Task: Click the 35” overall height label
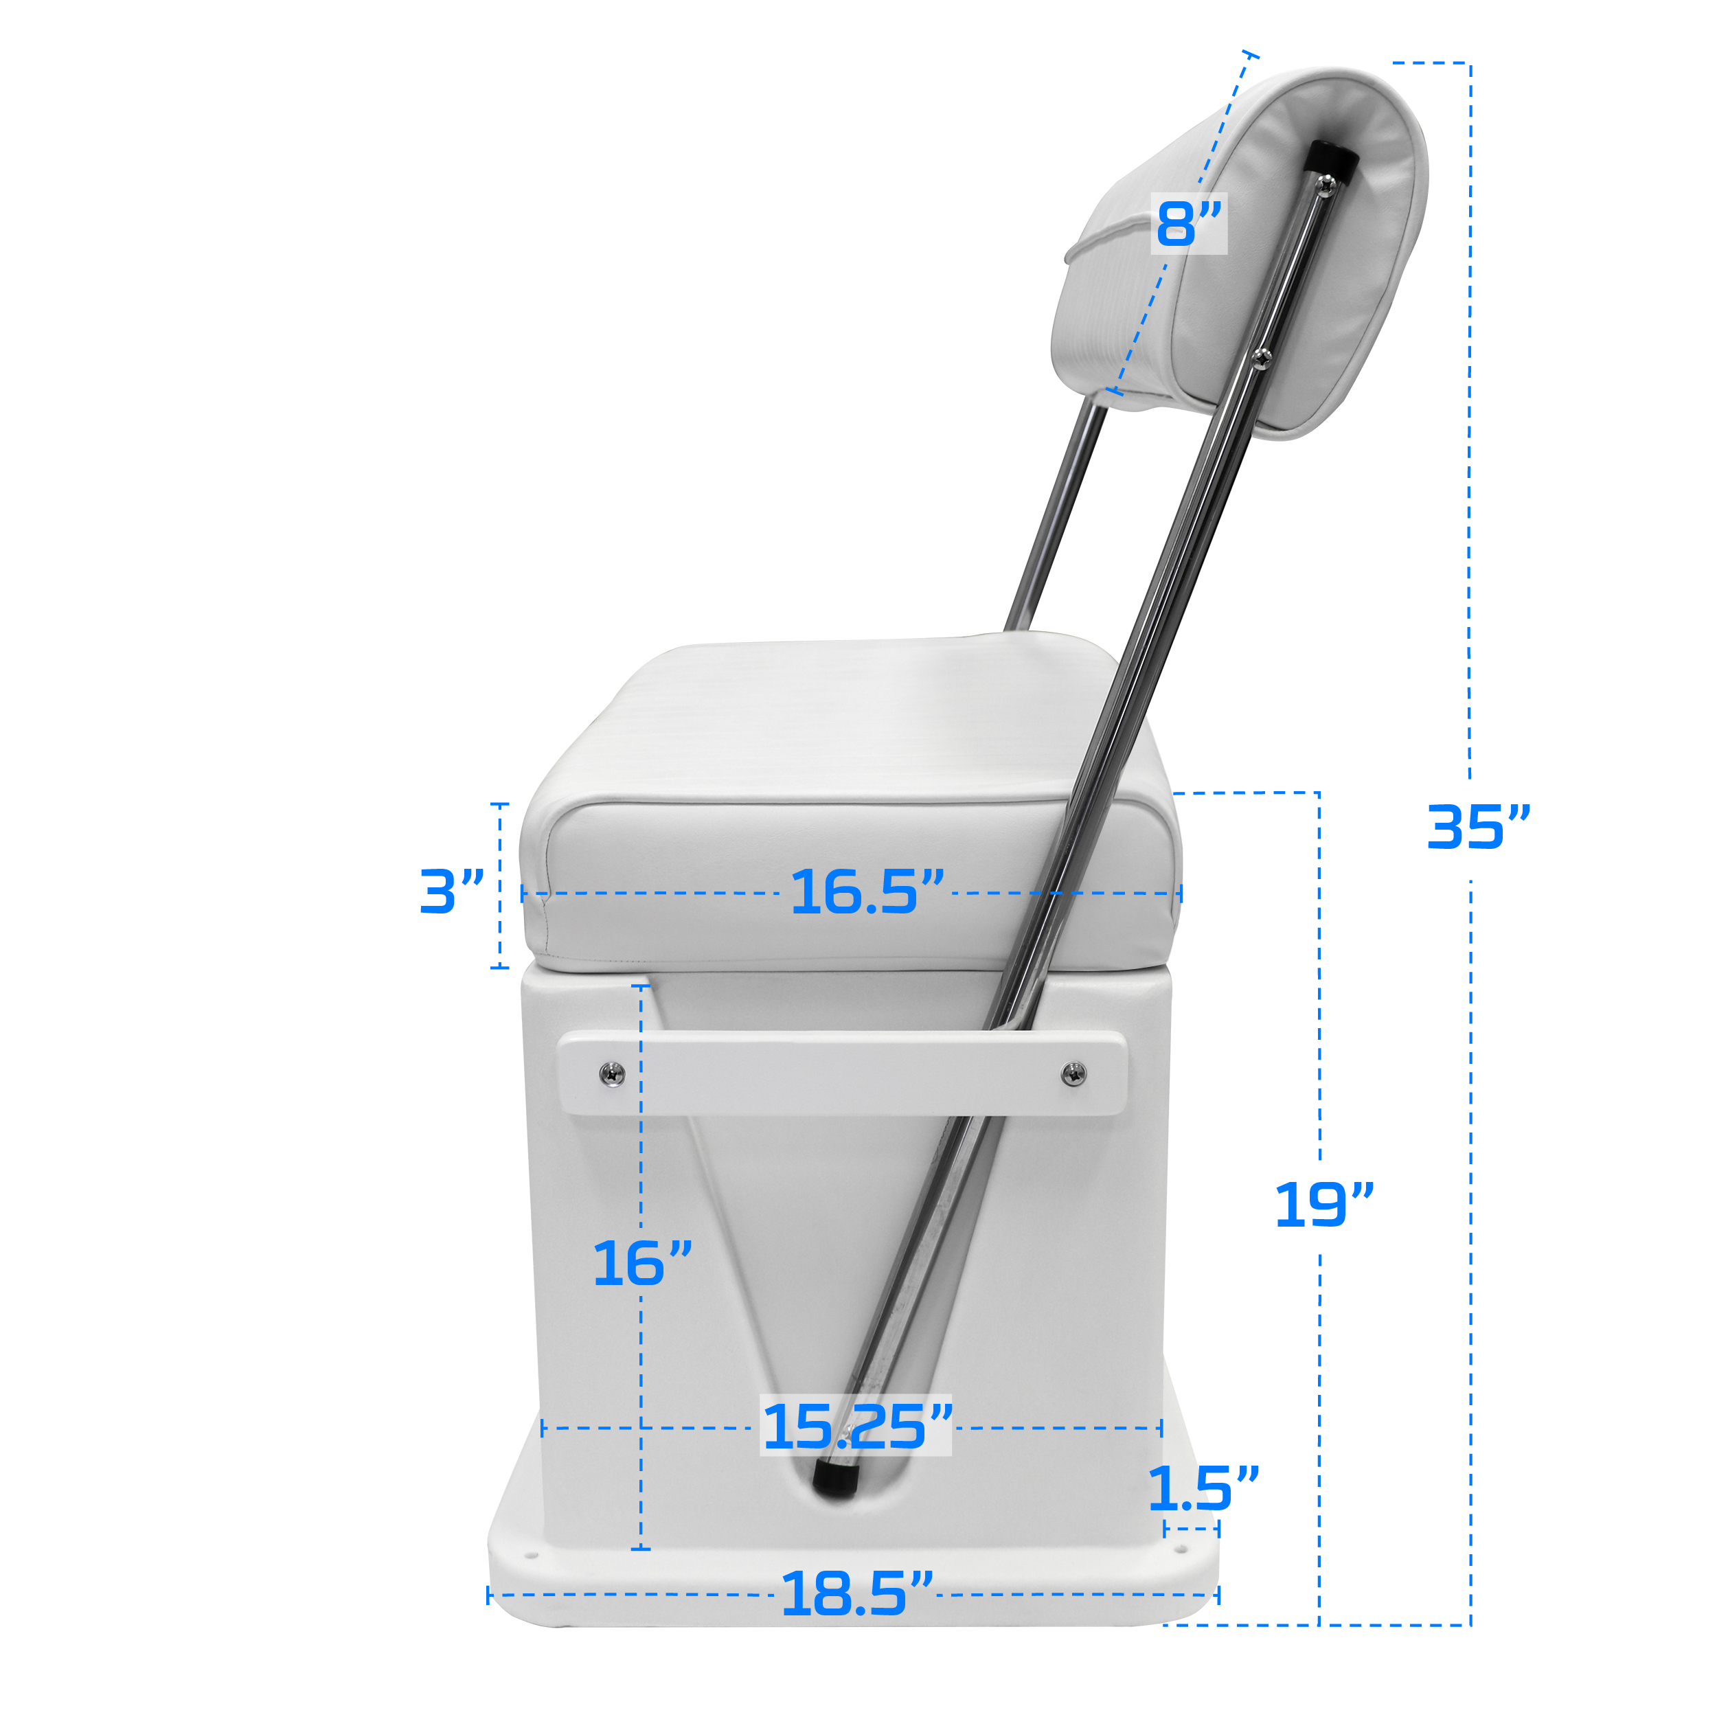pos(1478,828)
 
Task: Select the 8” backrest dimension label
pos(1188,224)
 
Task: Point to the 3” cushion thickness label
pos(451,891)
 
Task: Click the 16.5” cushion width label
pos(867,892)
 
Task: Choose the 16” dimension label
pos(641,1264)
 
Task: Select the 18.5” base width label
pos(856,1594)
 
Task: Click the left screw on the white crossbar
pos(613,1073)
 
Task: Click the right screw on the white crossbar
pos(1073,1073)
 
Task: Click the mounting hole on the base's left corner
pos(532,1556)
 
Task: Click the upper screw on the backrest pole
pos(1327,185)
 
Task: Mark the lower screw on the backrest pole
pos(1261,357)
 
